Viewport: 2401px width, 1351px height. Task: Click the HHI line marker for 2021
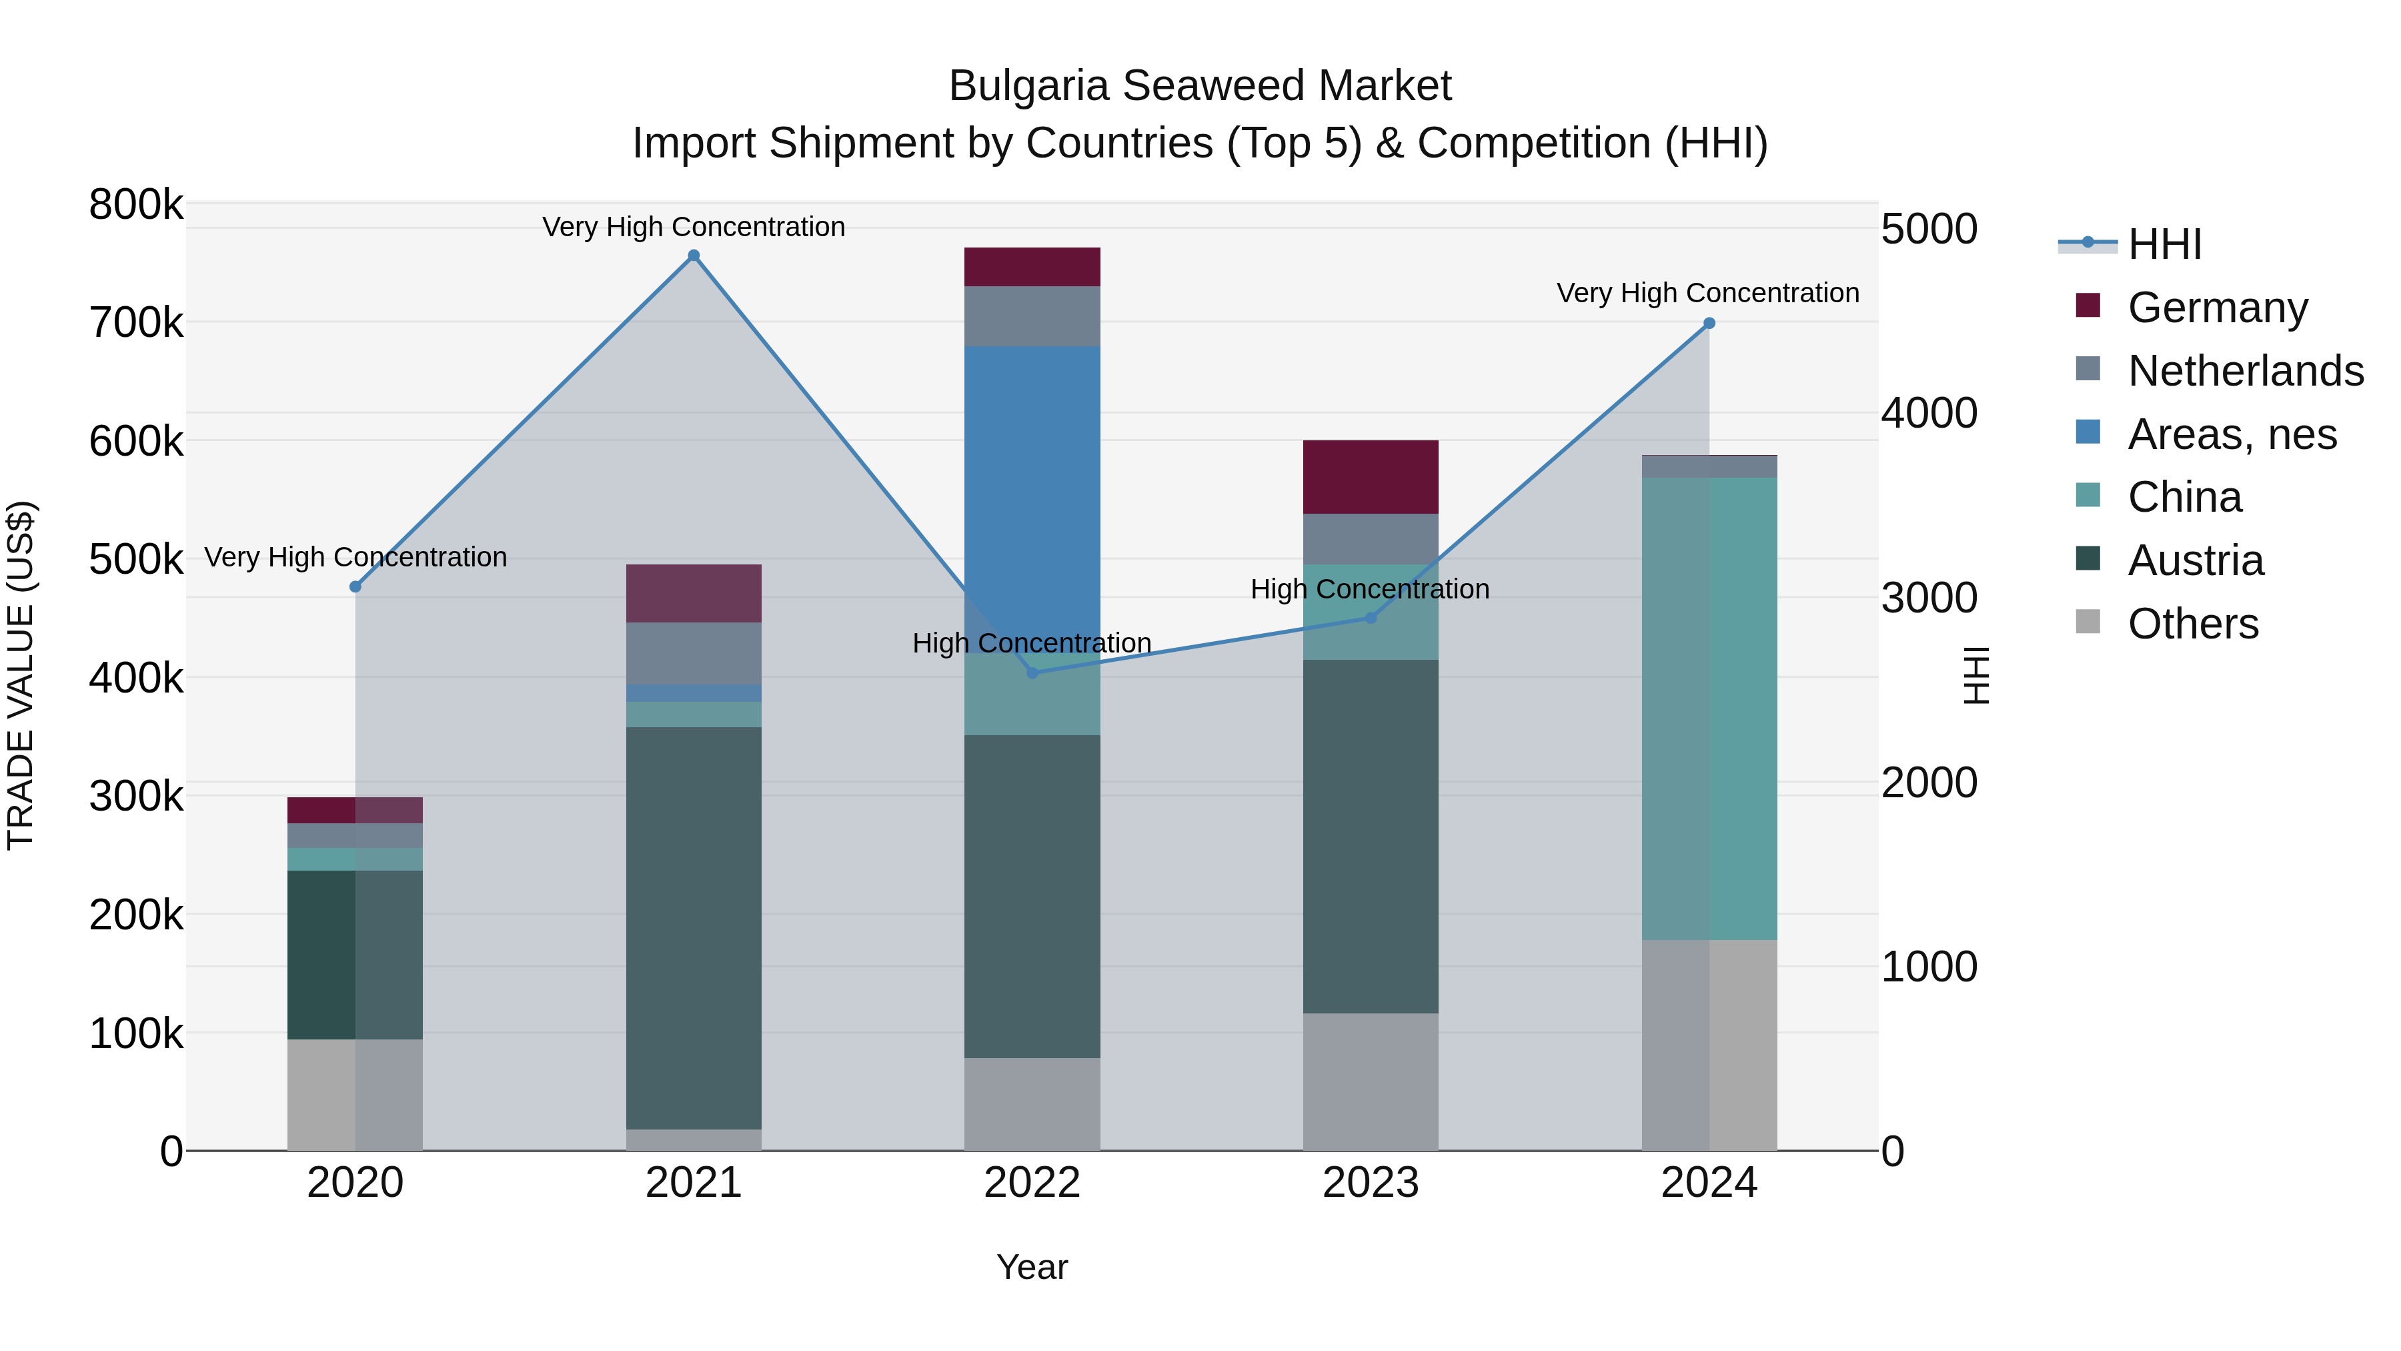coord(694,256)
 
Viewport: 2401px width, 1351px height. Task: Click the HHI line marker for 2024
coord(1709,324)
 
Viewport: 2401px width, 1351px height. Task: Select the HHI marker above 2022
coord(1032,672)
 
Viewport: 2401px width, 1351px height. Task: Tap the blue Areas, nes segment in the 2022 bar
coord(1032,485)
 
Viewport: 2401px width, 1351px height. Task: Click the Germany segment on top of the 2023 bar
coord(1370,476)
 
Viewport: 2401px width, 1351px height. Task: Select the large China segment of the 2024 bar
coord(1709,709)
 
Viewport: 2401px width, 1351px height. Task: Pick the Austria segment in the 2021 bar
coord(694,928)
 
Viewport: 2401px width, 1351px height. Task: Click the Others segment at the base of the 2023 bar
coord(1370,1081)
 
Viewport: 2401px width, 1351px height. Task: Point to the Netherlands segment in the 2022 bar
coord(1032,316)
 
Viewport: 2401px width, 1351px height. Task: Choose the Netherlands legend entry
coord(2244,370)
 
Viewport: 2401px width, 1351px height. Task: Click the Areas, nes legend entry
coord(2232,434)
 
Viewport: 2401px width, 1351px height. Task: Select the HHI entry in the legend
coord(2164,244)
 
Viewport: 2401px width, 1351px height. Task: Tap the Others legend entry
coord(2192,623)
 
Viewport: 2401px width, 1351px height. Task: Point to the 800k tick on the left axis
coord(136,204)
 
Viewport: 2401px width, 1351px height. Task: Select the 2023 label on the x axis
coord(1370,1183)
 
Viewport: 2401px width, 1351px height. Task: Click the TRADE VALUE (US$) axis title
coord(21,675)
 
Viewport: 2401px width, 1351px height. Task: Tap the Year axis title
coord(1032,1267)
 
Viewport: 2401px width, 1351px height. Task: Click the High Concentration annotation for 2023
coord(1369,589)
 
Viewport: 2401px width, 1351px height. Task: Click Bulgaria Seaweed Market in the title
coord(1200,86)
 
